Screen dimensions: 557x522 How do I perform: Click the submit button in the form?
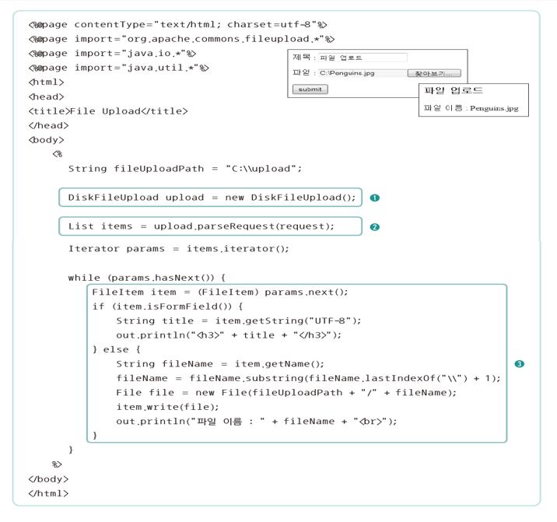pos(310,89)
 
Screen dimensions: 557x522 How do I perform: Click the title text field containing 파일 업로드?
pos(363,58)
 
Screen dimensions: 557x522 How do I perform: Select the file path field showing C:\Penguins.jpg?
pos(362,73)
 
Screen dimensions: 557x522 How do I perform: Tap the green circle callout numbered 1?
pos(375,198)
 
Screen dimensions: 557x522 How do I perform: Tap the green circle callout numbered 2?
pos(375,227)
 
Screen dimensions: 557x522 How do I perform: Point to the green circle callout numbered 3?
pos(519,363)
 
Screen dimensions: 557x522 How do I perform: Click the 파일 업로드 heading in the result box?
pos(452,91)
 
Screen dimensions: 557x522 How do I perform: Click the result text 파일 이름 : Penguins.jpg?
pos(470,108)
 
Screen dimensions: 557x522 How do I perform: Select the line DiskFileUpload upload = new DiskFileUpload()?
pos(211,198)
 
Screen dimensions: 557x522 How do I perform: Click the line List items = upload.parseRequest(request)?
pos(201,226)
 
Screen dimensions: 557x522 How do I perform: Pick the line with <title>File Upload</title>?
pos(108,111)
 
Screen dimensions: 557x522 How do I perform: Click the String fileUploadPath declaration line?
pos(184,169)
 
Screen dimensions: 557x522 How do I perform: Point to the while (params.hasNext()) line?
pos(146,278)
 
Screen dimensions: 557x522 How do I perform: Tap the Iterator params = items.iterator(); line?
pos(178,249)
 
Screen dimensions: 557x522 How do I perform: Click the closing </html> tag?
pos(48,493)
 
